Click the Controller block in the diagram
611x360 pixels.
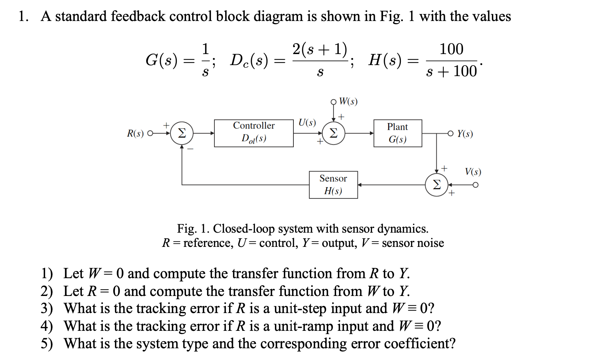[254, 133]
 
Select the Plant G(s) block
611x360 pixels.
[397, 133]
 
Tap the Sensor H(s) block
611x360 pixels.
[333, 185]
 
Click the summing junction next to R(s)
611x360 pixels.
[181, 133]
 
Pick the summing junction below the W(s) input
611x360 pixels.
[333, 133]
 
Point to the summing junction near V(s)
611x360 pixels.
[436, 185]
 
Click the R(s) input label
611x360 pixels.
[135, 133]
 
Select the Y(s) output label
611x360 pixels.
[465, 134]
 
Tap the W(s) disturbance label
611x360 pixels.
[348, 101]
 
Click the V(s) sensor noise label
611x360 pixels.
[473, 172]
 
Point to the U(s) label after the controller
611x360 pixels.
[307, 123]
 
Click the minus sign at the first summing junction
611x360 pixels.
[191, 149]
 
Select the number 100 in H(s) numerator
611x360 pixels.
[451, 49]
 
